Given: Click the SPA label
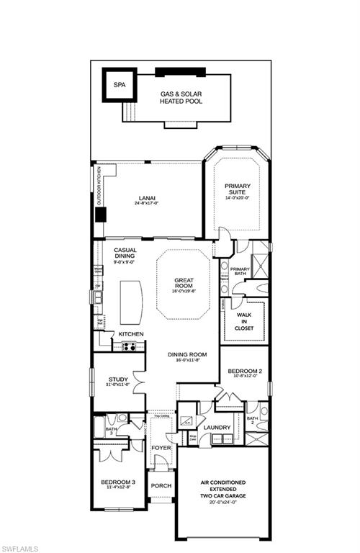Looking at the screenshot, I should [119, 85].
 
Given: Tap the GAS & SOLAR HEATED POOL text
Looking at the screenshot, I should [181, 97].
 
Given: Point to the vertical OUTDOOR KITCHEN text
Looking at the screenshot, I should [99, 189].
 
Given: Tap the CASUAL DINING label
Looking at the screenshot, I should [125, 254].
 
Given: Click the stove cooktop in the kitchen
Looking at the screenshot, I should [130, 346].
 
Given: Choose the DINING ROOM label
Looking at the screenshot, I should [187, 354].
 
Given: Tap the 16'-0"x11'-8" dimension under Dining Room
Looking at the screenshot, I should [187, 361].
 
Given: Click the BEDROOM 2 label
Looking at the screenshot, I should [244, 372].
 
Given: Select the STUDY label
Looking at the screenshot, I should [118, 379].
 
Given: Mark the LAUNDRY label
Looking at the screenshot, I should [216, 427].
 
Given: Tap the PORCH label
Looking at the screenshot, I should [161, 485].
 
